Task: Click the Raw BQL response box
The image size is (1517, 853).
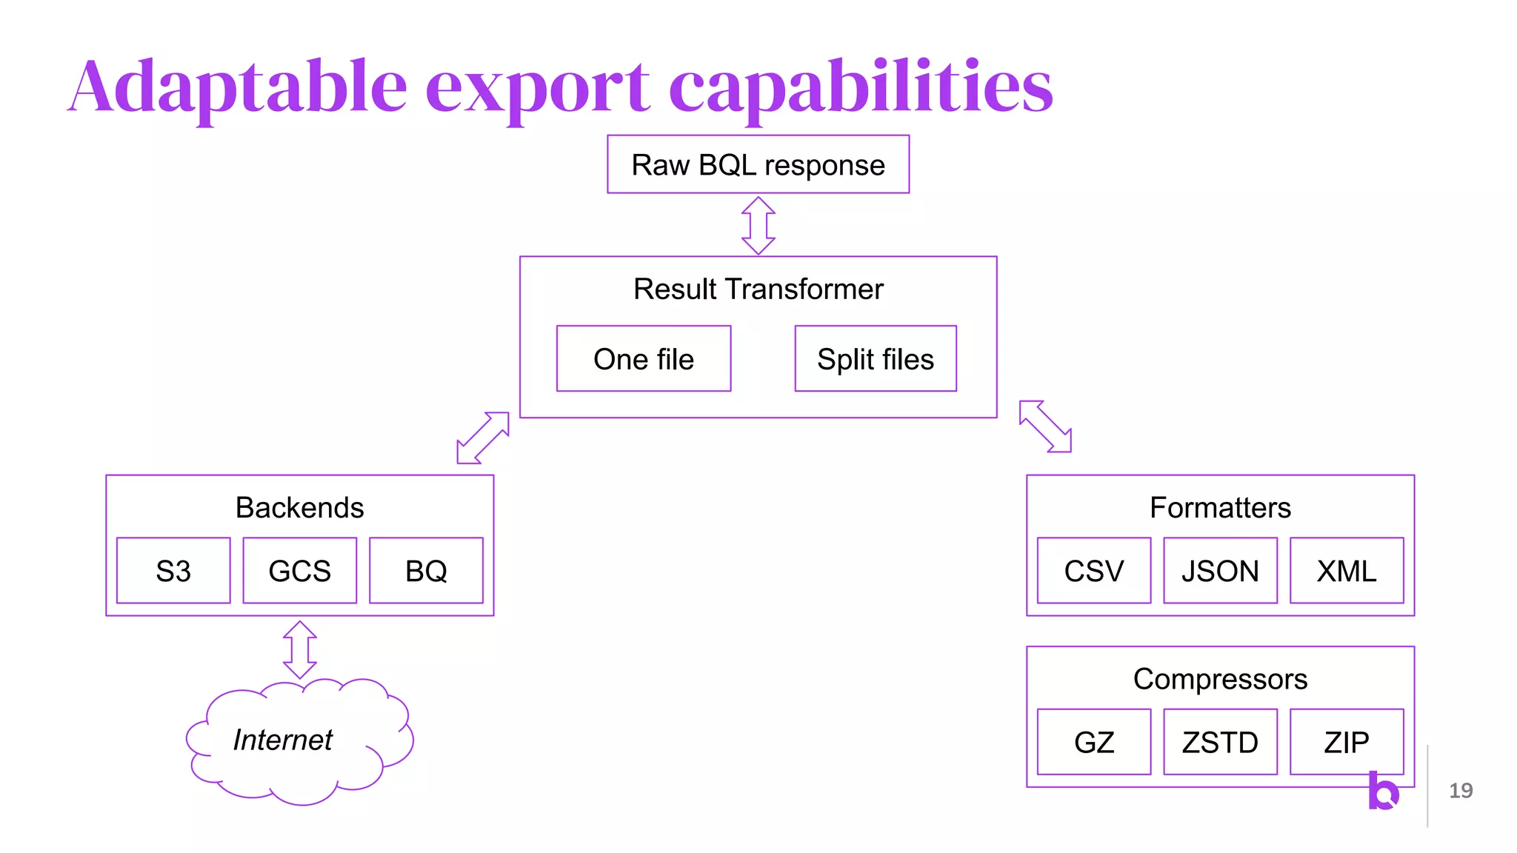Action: (x=758, y=164)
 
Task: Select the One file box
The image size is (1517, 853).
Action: (x=643, y=359)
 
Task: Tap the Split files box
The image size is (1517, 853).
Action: (x=875, y=359)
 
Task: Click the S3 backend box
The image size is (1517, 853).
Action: (x=173, y=571)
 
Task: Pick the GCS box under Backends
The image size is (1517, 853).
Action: (x=299, y=571)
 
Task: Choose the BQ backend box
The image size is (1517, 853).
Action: (x=426, y=571)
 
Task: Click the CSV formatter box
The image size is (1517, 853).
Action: (x=1093, y=571)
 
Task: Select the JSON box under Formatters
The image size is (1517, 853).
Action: (x=1220, y=571)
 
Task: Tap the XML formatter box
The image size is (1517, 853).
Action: (x=1346, y=571)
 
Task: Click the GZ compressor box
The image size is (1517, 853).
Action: (x=1093, y=742)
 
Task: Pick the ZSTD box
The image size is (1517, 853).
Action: (x=1220, y=742)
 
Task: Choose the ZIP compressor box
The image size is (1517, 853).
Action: (x=1346, y=742)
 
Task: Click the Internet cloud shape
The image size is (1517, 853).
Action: (x=296, y=740)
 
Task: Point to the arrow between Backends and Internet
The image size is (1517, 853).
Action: (x=300, y=650)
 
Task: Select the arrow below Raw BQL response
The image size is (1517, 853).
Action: (x=758, y=225)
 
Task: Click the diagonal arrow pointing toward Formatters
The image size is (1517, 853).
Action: (x=1045, y=426)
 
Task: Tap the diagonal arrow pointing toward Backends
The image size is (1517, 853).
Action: (x=483, y=438)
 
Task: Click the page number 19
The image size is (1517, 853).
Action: (x=1461, y=791)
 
